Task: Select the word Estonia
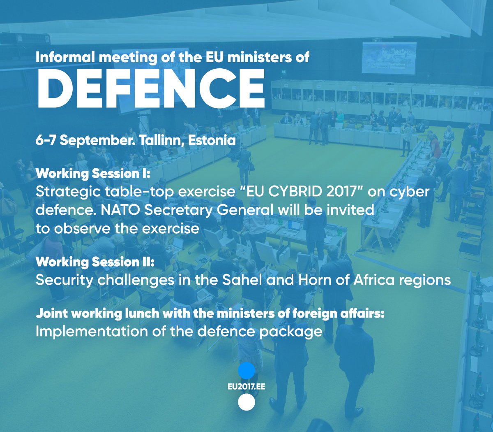tap(212, 140)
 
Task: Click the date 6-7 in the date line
tap(46, 140)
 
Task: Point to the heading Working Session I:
tap(93, 174)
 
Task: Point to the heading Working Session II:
tap(95, 262)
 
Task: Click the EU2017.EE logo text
tap(246, 387)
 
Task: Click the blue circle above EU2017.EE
tap(246, 371)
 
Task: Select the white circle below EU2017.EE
tap(246, 402)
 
